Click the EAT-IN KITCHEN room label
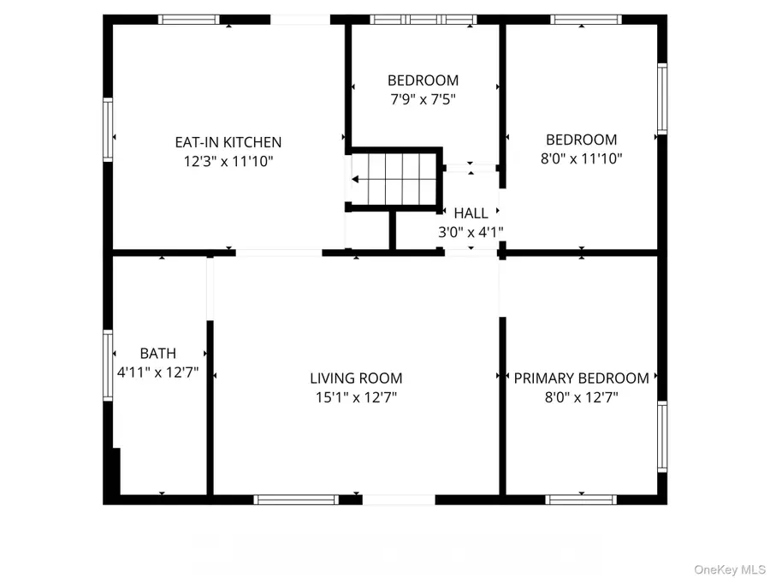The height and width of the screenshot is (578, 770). (x=228, y=142)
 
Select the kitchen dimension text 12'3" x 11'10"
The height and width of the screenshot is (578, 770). (x=228, y=160)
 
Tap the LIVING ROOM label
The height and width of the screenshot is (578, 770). (x=356, y=378)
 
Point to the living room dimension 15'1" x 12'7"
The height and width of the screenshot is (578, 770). (x=356, y=396)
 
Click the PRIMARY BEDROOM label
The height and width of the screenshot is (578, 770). (x=581, y=378)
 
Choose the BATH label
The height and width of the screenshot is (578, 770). (x=158, y=353)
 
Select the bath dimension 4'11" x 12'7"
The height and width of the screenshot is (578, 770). (x=158, y=372)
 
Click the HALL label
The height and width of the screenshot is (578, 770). (x=471, y=213)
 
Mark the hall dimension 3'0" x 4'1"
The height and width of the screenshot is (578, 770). (x=471, y=231)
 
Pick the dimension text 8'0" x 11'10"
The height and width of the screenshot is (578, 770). (x=582, y=158)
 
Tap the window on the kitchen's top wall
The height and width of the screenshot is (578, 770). (x=189, y=19)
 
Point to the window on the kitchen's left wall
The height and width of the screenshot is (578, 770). (x=109, y=129)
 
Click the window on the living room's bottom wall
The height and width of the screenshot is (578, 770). (x=296, y=499)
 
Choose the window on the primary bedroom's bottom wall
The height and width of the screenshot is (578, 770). (x=581, y=499)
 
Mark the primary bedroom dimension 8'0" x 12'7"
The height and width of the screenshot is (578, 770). (x=581, y=396)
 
